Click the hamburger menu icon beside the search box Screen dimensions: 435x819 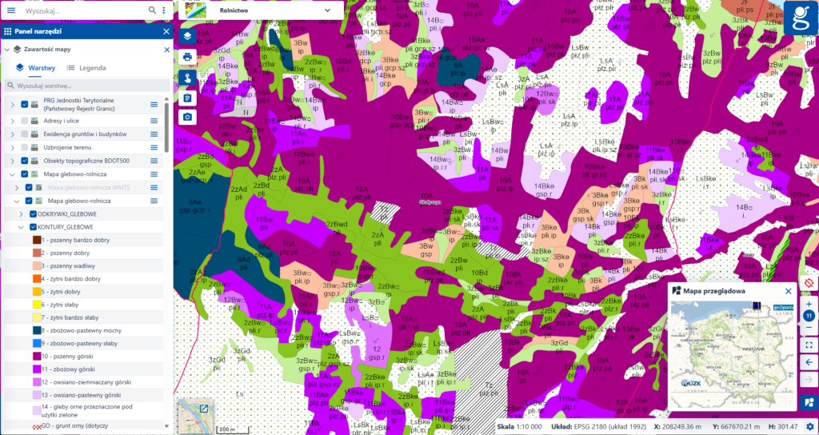[11, 10]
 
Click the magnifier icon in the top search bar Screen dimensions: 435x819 [152, 10]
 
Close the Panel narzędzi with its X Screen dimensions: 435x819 [166, 30]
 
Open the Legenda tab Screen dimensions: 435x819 [86, 68]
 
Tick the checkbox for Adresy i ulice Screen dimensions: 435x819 [25, 119]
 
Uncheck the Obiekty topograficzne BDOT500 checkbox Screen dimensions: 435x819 [25, 161]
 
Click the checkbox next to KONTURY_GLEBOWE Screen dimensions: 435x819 [33, 227]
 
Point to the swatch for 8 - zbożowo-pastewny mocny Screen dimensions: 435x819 [37, 330]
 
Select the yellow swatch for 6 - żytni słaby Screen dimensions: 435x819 [37, 305]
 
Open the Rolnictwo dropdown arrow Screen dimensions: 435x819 [328, 10]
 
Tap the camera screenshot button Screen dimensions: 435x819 [187, 117]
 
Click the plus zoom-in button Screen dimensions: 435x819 [809, 304]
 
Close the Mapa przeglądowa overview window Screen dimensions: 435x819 [788, 291]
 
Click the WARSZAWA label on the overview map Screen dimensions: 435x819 [754, 349]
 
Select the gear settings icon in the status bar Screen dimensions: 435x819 [809, 427]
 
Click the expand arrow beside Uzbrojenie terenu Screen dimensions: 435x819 [12, 147]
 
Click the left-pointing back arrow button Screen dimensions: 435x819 [809, 362]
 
